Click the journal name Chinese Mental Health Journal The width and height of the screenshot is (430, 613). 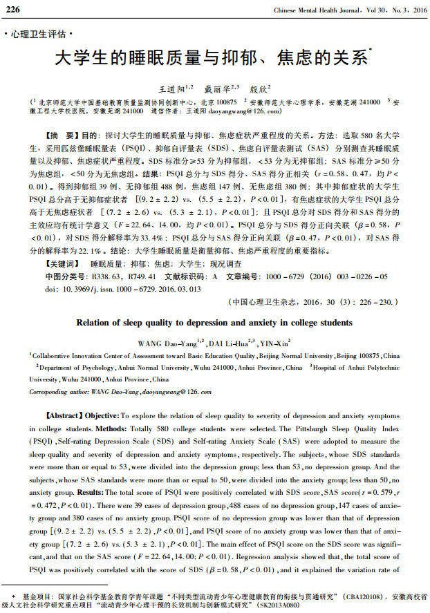point(316,10)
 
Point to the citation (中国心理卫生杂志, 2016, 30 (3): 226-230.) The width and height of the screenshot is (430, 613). point(313,303)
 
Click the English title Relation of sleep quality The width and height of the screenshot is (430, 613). point(214,323)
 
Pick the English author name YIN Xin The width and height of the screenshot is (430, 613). point(276,343)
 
